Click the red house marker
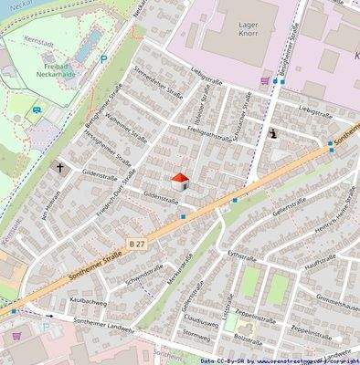tap(180, 181)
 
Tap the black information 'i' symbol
tap(273, 133)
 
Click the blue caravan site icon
tap(37, 111)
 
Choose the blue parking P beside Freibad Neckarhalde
tap(103, 59)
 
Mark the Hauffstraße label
tap(320, 263)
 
